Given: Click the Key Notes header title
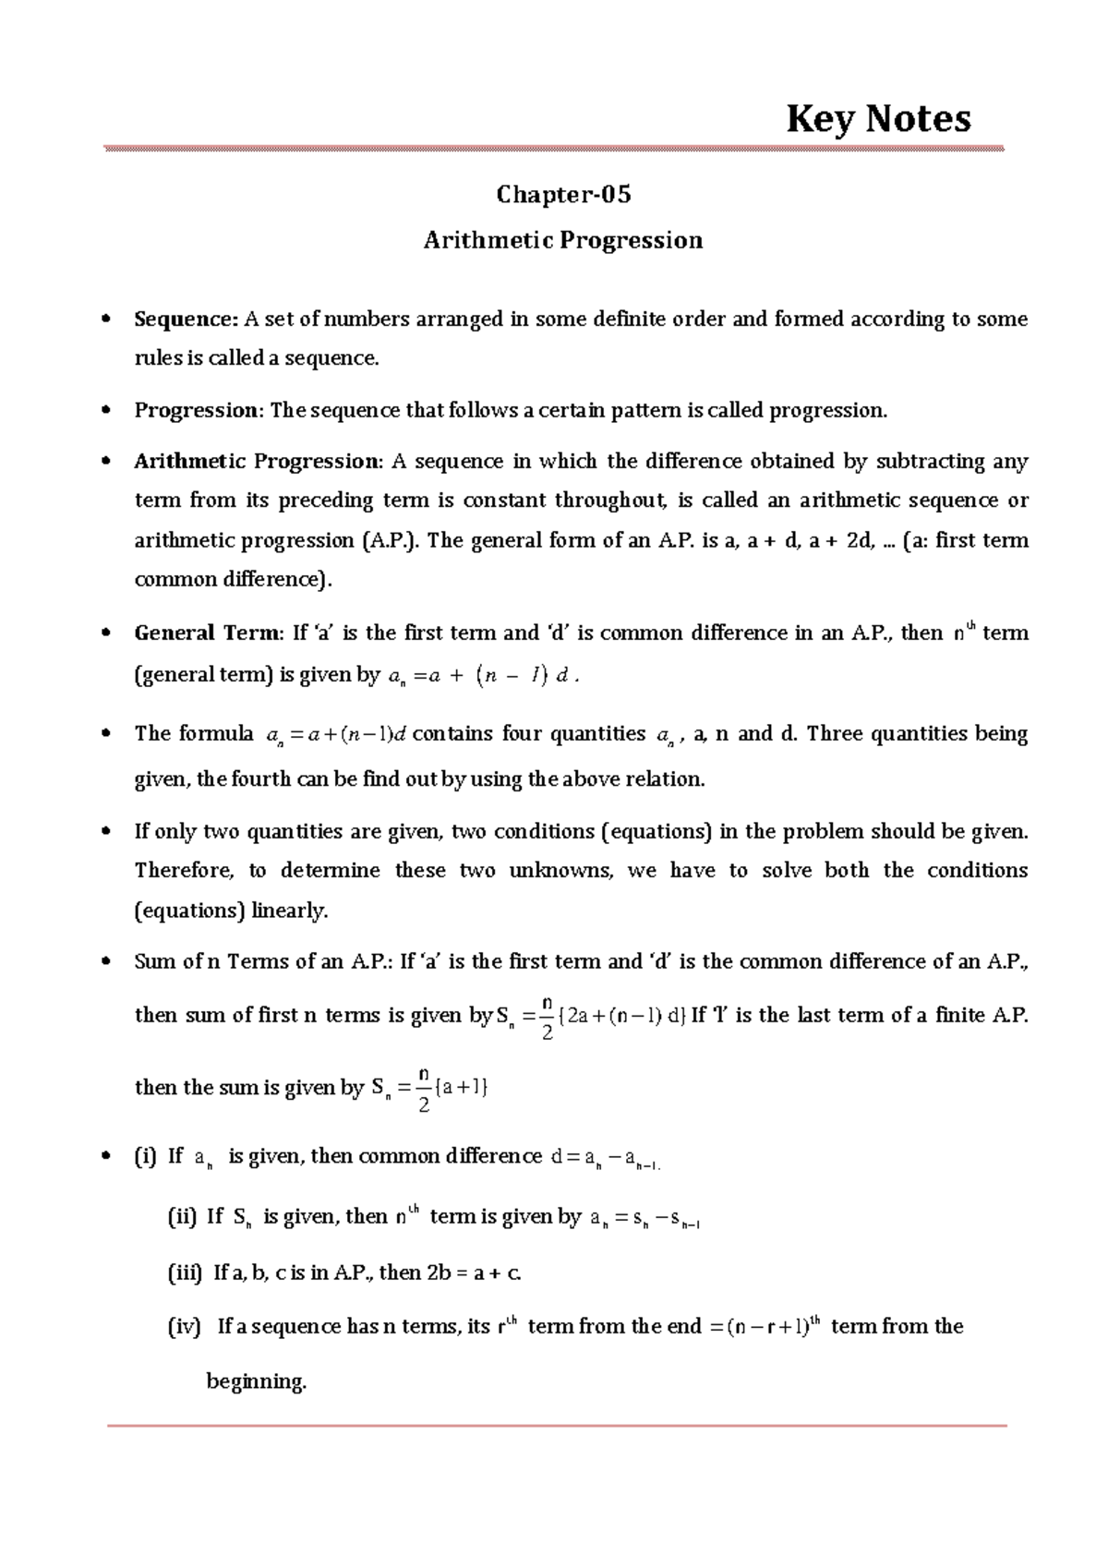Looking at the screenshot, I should coord(877,119).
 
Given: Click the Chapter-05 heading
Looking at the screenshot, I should coord(563,195).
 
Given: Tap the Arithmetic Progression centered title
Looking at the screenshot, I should coord(563,240).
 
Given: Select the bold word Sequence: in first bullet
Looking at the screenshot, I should coord(186,320).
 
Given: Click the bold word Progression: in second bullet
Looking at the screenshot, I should coord(199,410).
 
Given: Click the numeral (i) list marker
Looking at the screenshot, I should coord(145,1156).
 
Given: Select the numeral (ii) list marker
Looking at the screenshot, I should coord(181,1217).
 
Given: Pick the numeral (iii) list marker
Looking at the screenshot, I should coord(184,1272).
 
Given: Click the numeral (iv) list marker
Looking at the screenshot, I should coord(183,1327).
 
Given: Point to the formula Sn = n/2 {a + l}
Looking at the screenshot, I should coord(428,1088).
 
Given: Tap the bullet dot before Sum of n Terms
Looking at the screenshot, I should coord(106,962).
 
